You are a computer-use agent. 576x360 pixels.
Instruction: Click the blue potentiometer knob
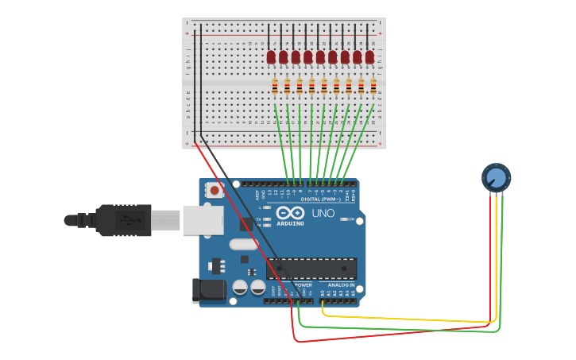click(x=496, y=177)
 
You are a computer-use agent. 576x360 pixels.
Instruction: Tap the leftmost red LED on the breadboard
click(x=271, y=57)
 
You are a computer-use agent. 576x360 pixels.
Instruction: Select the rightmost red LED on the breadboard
click(x=369, y=57)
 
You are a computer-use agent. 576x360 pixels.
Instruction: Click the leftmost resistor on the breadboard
click(x=275, y=87)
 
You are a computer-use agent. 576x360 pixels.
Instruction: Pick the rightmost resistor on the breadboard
click(x=373, y=87)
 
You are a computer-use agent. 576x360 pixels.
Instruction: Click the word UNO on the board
click(x=323, y=214)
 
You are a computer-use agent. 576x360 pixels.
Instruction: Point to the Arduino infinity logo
click(x=291, y=212)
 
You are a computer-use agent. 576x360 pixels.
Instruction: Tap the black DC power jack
click(x=208, y=290)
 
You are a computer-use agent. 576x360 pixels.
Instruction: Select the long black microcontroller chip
click(x=311, y=269)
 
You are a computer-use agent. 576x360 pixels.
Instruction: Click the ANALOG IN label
click(x=341, y=285)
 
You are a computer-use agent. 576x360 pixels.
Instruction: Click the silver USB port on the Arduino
click(x=203, y=220)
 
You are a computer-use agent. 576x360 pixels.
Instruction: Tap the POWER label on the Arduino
click(x=303, y=285)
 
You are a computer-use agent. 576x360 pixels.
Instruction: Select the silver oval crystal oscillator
click(x=244, y=245)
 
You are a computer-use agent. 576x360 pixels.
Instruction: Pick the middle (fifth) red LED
click(x=320, y=57)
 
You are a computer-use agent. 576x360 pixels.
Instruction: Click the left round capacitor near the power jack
click(x=240, y=287)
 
